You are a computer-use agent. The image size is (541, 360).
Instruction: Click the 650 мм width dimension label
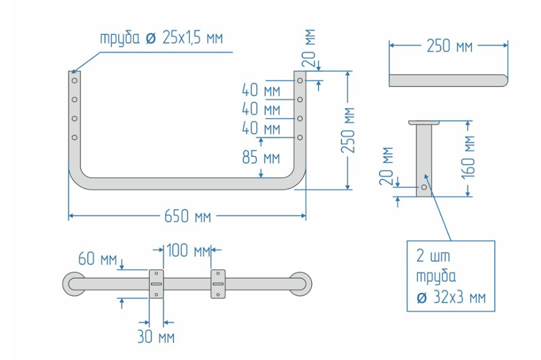coord(188,217)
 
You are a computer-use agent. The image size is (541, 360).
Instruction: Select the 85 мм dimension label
coord(261,157)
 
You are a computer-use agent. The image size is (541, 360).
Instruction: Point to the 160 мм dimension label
coord(469,158)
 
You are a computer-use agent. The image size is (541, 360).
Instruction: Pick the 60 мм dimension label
coord(97,259)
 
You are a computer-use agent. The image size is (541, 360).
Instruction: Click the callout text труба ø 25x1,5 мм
coord(161,39)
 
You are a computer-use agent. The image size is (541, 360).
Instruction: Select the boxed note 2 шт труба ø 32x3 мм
coord(451,275)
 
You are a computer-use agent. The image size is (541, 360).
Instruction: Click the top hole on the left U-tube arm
coord(74,81)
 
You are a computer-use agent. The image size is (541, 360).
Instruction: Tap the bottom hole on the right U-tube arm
coord(300,137)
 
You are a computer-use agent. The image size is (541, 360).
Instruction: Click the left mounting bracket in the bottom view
coord(157,284)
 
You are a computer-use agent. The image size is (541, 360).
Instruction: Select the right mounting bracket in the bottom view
coord(218,284)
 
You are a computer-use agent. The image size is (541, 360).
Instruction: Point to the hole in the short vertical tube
coord(424,187)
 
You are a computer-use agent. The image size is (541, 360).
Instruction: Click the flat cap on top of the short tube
coord(424,122)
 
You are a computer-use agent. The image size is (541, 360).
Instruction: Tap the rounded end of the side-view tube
coord(504,80)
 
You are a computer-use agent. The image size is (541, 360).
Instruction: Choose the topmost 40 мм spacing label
coord(261,90)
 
